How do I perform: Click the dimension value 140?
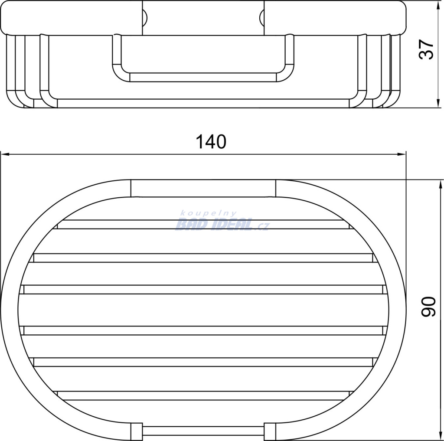[211, 142]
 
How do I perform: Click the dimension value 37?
[426, 49]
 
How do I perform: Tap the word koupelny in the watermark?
[209, 214]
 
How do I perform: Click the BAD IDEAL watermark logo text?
[214, 224]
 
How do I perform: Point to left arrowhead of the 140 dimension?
[5, 154]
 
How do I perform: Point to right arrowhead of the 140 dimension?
[401, 154]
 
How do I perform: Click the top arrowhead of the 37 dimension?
[438, 5]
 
